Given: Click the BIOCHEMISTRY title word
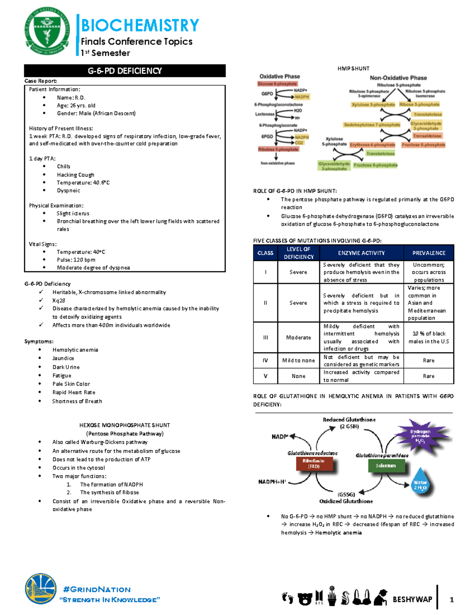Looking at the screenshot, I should coord(140,25).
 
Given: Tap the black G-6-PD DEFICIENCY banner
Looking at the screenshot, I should coord(125,71).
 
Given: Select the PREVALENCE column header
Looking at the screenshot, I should coord(429,253).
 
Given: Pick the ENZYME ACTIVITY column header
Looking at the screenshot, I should coord(361,253).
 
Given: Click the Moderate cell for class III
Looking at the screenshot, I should coord(298,337).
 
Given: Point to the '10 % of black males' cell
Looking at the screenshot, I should coord(429,337).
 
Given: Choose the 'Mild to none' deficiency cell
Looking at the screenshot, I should coord(298,360).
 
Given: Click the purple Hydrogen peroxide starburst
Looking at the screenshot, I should coord(420,436).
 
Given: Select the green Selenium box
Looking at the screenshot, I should coord(386,466).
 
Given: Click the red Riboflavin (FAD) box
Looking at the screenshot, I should coord(313,464).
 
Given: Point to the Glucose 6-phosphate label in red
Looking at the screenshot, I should coord(277,84).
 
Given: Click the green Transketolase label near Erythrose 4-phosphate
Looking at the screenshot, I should coord(380,154).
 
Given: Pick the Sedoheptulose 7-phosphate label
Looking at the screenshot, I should coord(372,125).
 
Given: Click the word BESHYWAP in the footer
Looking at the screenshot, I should coord(412,600).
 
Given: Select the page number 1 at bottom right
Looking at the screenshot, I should coord(452,600).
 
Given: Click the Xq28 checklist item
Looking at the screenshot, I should coord(59,301).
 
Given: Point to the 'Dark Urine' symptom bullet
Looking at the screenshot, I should coord(66,367).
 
